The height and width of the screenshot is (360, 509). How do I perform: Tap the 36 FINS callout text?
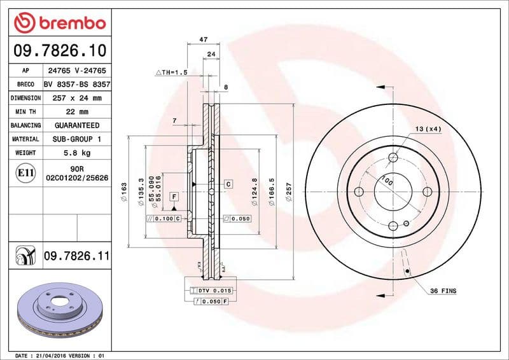(443, 291)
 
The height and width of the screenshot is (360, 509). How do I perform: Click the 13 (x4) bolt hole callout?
(428, 129)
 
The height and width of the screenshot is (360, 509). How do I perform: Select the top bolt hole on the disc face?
(393, 157)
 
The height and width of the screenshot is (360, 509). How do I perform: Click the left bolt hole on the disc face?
(359, 192)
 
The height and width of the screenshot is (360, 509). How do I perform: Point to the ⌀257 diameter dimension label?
(288, 191)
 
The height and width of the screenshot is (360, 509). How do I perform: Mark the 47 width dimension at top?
(204, 39)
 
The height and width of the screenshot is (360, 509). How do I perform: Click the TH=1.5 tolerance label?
(172, 73)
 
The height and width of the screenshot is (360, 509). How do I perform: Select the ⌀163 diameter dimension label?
(125, 189)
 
